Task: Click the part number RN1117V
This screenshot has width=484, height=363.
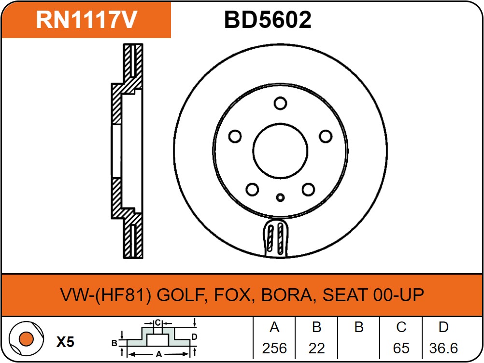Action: (x=86, y=20)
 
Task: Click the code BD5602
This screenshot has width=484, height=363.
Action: (x=268, y=20)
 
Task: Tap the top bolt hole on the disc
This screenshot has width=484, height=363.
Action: (x=280, y=103)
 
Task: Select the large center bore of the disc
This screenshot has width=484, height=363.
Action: (x=280, y=151)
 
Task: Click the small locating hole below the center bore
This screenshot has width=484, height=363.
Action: (x=280, y=197)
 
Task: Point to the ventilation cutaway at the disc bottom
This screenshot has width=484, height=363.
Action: (x=276, y=237)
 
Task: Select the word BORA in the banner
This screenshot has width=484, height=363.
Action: (x=287, y=295)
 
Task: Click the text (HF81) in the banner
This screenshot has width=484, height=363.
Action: (x=123, y=295)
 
